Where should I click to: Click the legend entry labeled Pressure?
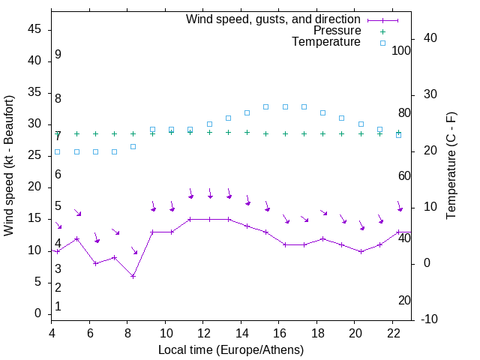(337, 31)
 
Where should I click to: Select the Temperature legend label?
(326, 42)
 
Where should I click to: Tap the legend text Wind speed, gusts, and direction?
(274, 19)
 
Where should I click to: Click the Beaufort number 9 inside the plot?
(58, 55)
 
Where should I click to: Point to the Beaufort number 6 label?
(58, 175)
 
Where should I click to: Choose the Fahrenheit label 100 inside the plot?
(401, 50)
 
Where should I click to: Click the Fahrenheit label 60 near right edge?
(405, 175)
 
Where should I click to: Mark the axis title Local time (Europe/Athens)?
(231, 349)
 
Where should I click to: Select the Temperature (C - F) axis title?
(451, 166)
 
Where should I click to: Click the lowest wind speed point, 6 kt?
(133, 276)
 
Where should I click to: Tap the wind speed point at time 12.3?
(209, 219)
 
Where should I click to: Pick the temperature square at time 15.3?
(266, 106)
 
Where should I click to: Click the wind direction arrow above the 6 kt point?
(134, 250)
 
